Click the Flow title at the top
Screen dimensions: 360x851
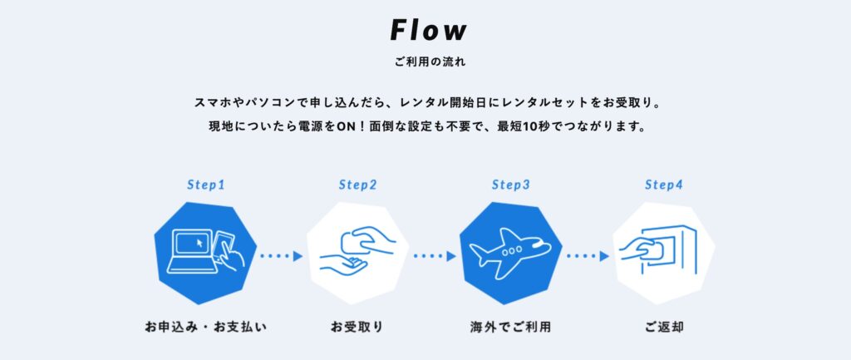coord(429,31)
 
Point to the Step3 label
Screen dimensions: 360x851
coord(511,184)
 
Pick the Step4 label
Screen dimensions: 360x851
coord(664,184)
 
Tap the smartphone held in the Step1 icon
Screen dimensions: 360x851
coord(224,247)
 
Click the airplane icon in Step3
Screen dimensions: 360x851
coord(509,251)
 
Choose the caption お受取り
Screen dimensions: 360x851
coord(357,327)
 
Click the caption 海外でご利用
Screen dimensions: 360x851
coord(510,327)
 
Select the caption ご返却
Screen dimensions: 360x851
coord(663,327)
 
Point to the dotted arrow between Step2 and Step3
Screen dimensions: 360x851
coord(434,256)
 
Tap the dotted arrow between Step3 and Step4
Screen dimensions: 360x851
coord(587,256)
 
